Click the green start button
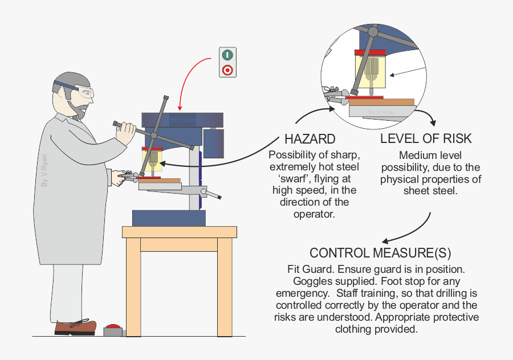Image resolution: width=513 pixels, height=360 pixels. pos(227,55)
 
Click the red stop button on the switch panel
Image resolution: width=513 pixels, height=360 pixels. pos(227,70)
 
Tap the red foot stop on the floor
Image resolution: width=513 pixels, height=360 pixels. pos(113,329)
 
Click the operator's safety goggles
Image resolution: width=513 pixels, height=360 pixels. pos(84,93)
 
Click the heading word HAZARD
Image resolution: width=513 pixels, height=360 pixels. pos(310,140)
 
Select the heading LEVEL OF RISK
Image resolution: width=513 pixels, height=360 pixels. pos(426,140)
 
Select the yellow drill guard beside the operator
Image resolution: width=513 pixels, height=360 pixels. pos(152,159)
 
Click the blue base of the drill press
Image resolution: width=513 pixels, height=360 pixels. pos(169,218)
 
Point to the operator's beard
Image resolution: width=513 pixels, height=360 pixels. pos(77,108)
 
